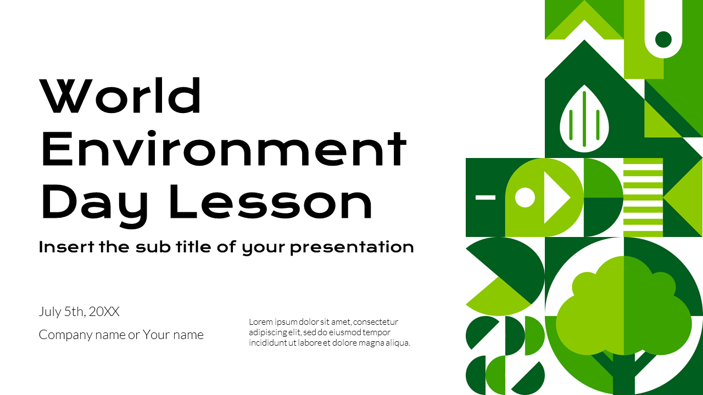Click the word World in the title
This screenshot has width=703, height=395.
(121, 96)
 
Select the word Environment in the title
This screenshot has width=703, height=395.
(224, 149)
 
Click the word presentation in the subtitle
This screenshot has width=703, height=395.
(351, 247)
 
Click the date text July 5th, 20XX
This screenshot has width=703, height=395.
(79, 312)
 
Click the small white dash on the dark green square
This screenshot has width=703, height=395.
(485, 197)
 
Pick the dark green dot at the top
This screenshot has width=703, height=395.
(663, 39)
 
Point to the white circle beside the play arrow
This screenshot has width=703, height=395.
(525, 198)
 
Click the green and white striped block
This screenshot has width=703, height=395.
(643, 198)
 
